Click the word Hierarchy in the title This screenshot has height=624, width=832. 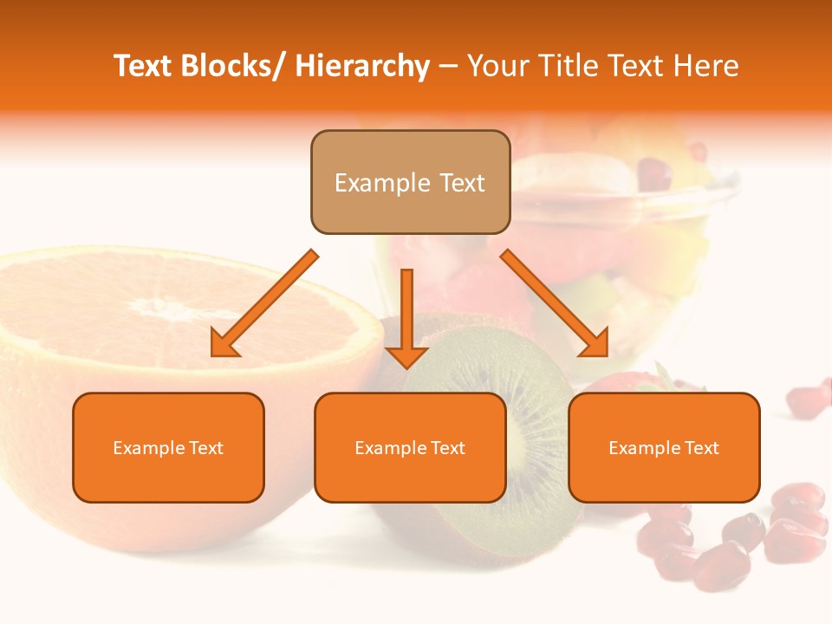point(362,66)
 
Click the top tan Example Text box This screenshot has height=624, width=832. point(410,182)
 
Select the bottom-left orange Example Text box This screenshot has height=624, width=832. point(168,447)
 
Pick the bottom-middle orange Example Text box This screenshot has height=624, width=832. point(410,447)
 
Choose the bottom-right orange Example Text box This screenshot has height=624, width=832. point(664,447)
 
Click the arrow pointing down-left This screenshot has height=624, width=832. point(264,303)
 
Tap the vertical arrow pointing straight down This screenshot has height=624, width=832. point(406,316)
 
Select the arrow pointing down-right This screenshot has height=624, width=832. point(555,303)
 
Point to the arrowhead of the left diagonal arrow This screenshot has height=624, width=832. point(224,344)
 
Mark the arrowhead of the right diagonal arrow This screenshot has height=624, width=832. point(596,344)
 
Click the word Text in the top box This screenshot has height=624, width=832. point(459,183)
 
